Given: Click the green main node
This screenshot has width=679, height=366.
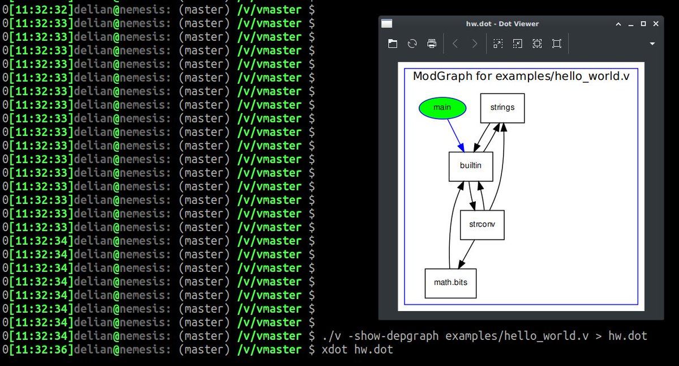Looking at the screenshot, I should [442, 108].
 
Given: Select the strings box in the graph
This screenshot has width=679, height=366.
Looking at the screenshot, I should [502, 108].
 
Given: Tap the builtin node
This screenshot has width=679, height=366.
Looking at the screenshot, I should [471, 167].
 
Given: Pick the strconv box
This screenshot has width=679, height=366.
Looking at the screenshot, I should [482, 224].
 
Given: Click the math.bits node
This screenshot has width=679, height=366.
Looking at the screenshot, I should [450, 283].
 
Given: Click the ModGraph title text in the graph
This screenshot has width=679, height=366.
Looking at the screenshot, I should [521, 76].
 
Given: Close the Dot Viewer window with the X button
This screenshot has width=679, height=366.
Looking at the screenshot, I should [656, 24].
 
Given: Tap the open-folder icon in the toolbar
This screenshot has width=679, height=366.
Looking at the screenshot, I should [392, 44].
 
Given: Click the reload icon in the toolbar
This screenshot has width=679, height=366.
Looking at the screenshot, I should [412, 44].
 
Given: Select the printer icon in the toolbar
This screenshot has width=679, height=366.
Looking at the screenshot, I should [432, 44].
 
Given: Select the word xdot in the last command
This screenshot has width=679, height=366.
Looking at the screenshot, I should [334, 350].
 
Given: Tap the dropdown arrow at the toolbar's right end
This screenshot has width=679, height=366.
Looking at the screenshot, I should [652, 44].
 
